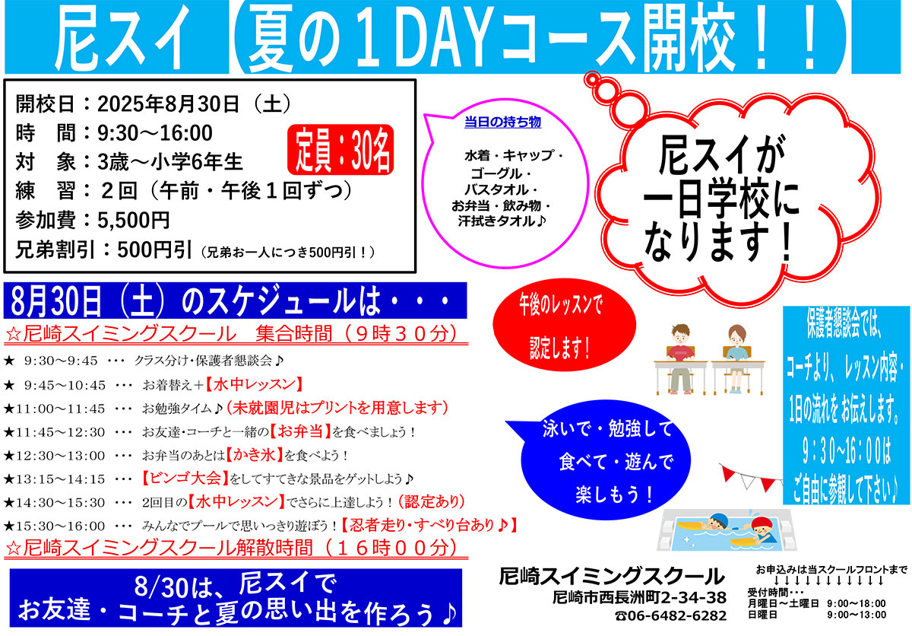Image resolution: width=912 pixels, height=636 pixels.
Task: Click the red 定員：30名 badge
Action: click(340, 150)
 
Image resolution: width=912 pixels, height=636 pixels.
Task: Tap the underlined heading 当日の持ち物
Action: click(503, 122)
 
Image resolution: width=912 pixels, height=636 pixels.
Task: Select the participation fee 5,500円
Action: click(134, 220)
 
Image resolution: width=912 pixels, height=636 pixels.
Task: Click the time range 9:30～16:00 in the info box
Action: click(155, 133)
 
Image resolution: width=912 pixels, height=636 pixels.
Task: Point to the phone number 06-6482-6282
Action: click(676, 616)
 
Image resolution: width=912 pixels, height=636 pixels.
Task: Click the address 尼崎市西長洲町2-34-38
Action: click(640, 598)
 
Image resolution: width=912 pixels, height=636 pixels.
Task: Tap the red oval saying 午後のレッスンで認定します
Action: click(564, 325)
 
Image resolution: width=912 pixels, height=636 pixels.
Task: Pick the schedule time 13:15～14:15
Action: click(60, 479)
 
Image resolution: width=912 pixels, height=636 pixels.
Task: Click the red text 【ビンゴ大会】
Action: click(185, 479)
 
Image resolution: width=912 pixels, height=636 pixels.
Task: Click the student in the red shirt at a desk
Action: click(680, 359)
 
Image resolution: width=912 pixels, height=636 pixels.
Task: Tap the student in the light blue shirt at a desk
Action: click(736, 359)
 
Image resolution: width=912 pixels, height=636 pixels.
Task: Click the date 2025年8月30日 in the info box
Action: click(168, 104)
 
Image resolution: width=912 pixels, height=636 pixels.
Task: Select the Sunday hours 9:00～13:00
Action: click(857, 615)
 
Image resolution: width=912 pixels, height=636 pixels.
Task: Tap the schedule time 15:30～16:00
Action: click(60, 526)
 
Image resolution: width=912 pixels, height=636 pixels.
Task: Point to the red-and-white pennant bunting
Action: click(752, 478)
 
